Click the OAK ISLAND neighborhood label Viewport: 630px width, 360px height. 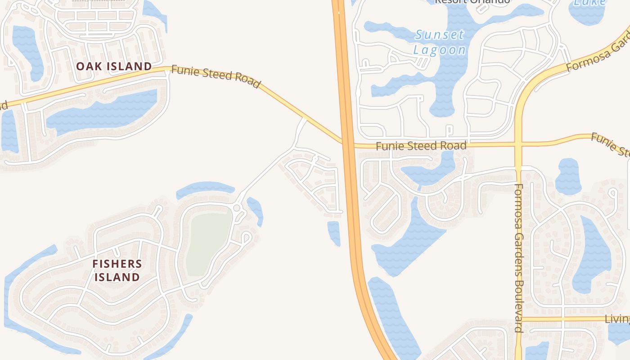click(114, 66)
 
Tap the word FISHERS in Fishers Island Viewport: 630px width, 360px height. click(117, 264)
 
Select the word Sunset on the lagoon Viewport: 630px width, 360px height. click(440, 35)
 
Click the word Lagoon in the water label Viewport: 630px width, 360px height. click(440, 49)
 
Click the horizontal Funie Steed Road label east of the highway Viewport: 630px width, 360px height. click(421, 146)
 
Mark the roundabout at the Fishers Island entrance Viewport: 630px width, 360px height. click(237, 208)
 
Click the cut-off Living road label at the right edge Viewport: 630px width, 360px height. click(617, 319)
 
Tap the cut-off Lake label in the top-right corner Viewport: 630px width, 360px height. click(590, 3)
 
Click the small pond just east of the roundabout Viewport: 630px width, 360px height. click(255, 210)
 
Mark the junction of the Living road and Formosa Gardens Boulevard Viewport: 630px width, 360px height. click(518, 319)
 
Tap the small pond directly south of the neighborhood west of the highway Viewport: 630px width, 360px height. click(334, 232)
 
